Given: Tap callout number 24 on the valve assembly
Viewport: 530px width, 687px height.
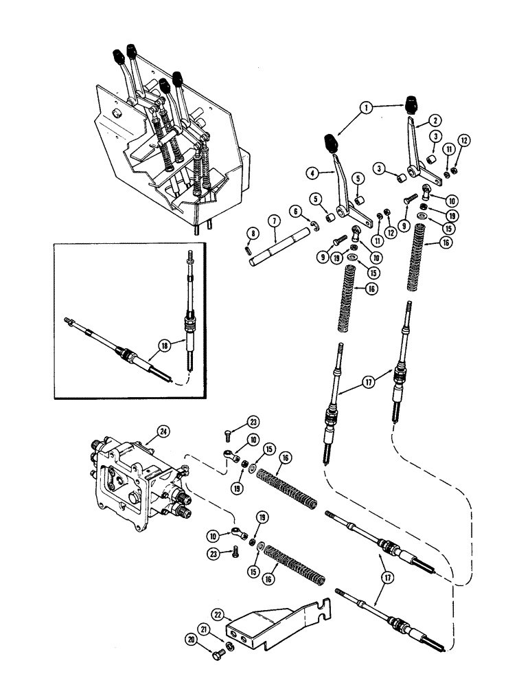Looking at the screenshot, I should click(163, 431).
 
